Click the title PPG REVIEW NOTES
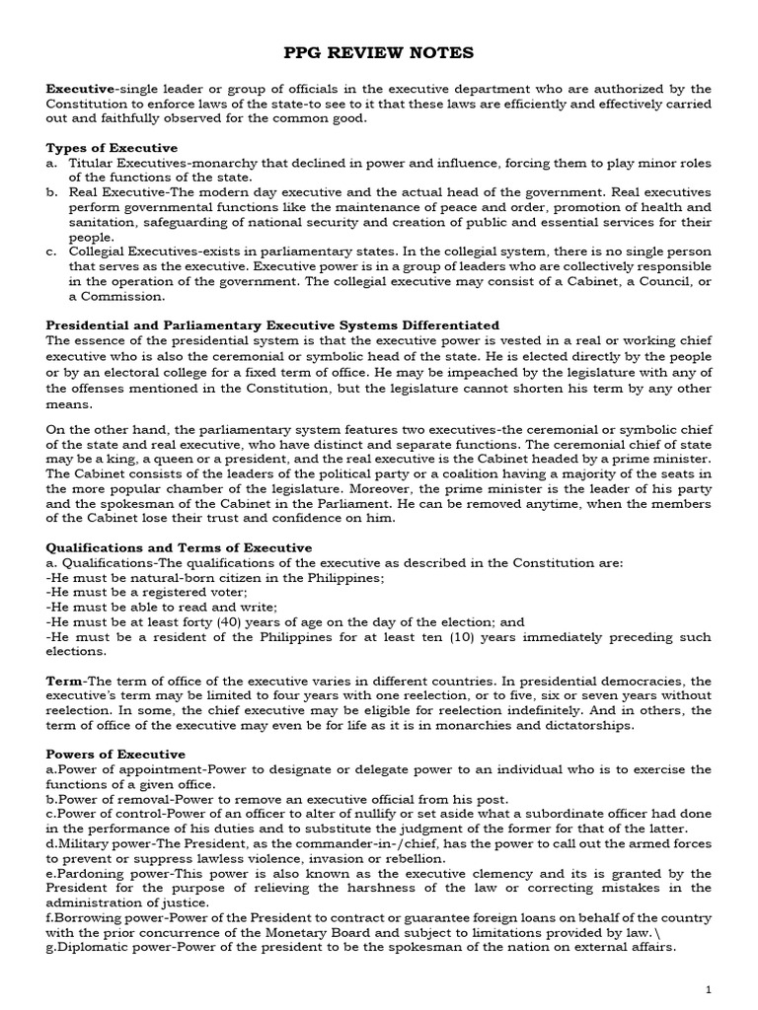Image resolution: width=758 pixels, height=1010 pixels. coord(379,52)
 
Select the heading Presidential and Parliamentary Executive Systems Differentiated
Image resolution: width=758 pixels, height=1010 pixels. coord(273,325)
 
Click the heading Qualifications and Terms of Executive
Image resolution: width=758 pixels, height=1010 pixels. coord(180,547)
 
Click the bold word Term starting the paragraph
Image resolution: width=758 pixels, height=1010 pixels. coord(64,682)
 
